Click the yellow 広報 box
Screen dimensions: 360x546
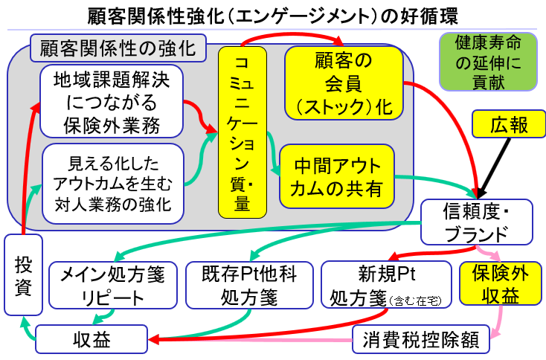point(510,125)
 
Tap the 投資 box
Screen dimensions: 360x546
point(23,277)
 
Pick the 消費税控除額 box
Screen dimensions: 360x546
point(421,340)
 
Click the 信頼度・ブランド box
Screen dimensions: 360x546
point(476,222)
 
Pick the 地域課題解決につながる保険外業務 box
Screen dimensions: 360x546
point(112,100)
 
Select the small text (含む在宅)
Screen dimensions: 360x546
point(419,300)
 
